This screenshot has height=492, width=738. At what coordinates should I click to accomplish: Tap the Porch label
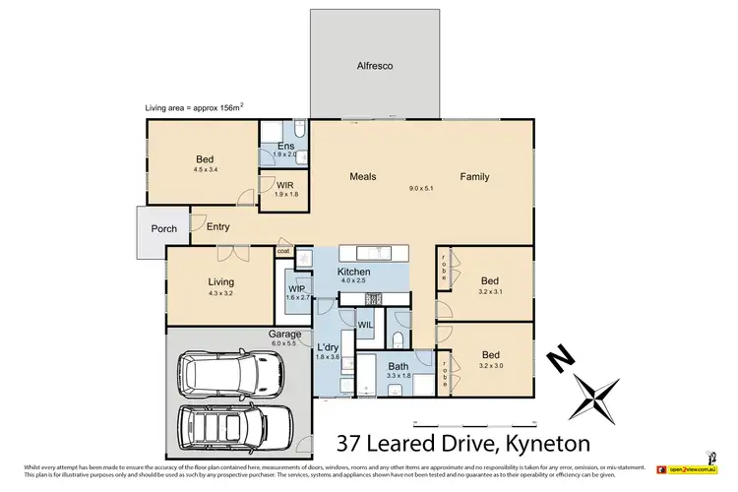tap(163, 229)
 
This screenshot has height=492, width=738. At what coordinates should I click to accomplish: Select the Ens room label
tap(285, 147)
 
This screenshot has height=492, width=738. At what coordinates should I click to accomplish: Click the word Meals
tap(363, 177)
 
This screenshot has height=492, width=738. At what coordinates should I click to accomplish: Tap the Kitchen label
tap(353, 271)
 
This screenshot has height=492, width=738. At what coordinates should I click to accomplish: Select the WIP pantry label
tap(297, 288)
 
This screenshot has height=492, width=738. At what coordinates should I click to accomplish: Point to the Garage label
tap(284, 334)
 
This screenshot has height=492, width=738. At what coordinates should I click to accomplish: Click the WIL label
tap(364, 324)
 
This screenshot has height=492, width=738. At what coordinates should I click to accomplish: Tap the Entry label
tap(218, 227)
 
